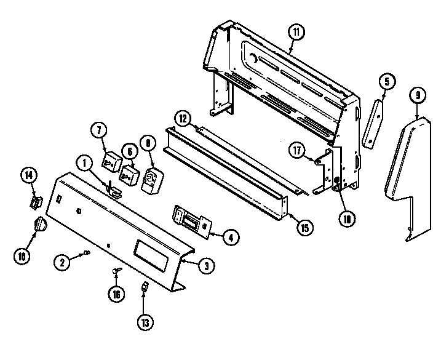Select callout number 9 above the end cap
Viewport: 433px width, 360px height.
418,96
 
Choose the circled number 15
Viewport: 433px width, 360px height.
304,227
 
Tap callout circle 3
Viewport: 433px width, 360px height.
206,265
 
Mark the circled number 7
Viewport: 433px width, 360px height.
98,131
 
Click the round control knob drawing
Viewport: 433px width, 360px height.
39,226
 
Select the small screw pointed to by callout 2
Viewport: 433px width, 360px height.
87,252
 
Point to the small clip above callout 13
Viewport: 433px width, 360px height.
145,286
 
